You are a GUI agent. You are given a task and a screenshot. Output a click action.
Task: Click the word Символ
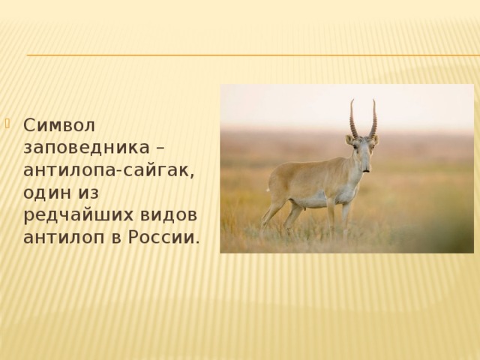coord(54,122)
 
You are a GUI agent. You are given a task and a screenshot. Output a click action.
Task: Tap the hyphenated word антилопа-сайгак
coord(109,169)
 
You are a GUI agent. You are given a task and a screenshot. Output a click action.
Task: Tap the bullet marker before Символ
coord(8,121)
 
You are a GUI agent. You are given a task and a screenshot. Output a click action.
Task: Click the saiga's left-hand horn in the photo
coord(352,118)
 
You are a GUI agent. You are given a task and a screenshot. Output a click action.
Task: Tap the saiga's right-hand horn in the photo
coord(373,118)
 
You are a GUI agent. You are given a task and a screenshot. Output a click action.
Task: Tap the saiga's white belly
coord(315,200)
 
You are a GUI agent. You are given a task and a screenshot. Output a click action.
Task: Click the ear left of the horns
coord(349,139)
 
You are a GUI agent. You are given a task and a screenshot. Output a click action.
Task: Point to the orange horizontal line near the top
coord(247,55)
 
